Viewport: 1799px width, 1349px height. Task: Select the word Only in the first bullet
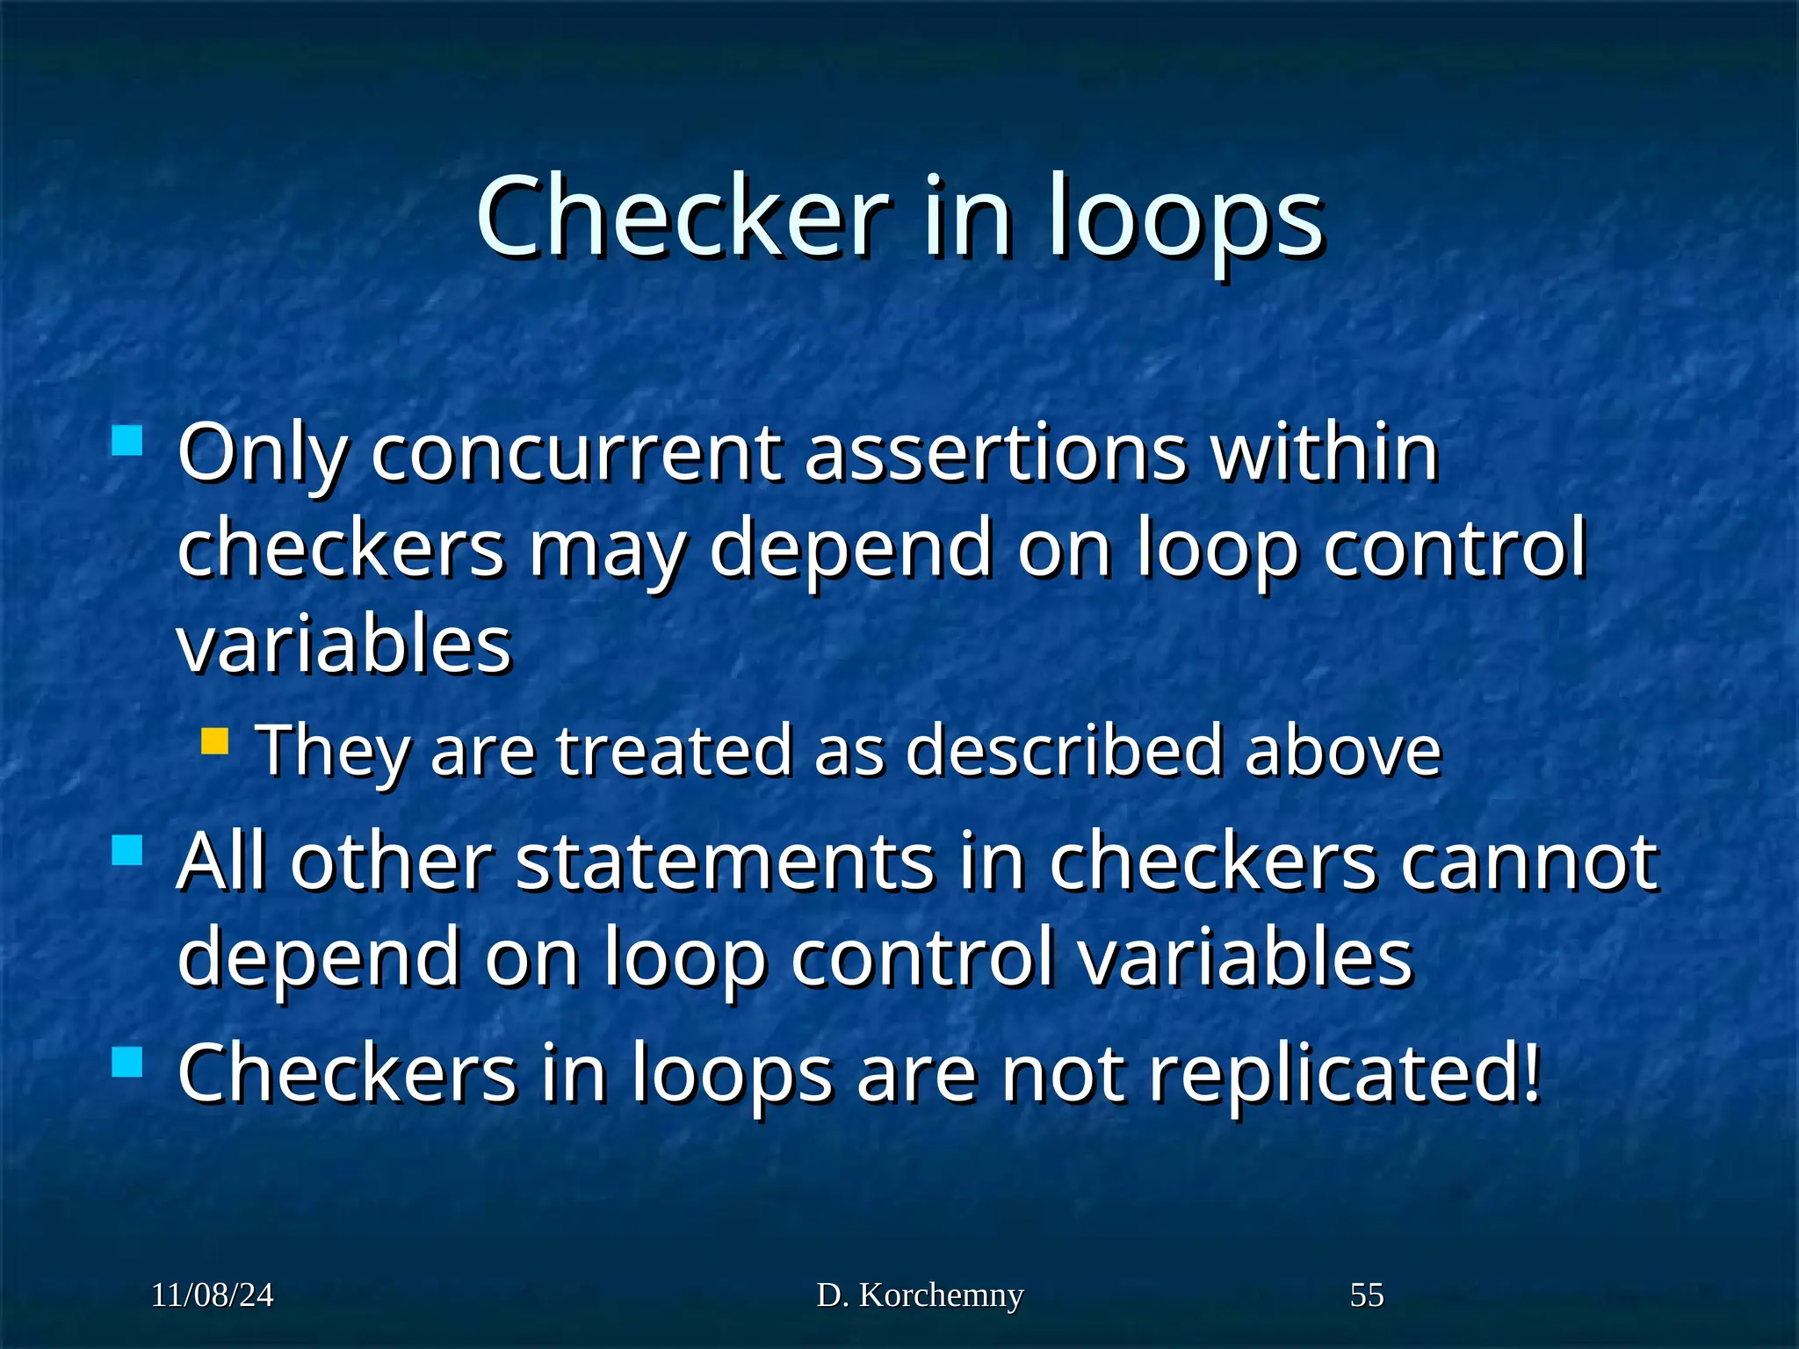click(x=262, y=454)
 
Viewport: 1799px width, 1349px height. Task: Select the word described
click(x=1063, y=750)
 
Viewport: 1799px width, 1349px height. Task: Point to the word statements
click(x=725, y=862)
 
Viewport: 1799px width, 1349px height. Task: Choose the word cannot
click(x=1528, y=862)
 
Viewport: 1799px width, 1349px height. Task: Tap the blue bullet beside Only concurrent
click(x=127, y=440)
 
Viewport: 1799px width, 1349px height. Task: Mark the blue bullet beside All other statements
click(x=127, y=849)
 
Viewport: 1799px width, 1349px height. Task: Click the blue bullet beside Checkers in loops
click(x=127, y=1061)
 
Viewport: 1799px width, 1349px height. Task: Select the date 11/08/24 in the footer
click(x=212, y=1295)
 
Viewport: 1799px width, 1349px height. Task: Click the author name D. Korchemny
click(x=920, y=1295)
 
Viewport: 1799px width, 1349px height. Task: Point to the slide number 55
click(x=1366, y=1295)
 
